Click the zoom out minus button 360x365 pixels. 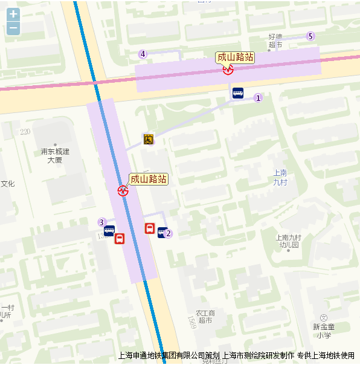click(13, 28)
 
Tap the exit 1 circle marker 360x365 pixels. click(258, 98)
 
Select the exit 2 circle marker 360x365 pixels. click(169, 233)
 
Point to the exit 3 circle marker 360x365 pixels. click(102, 222)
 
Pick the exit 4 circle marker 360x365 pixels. click(143, 54)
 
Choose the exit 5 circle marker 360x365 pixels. click(310, 36)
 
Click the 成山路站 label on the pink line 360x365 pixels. click(235, 57)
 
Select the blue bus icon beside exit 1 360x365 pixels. click(238, 94)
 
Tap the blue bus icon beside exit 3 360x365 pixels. click(109, 230)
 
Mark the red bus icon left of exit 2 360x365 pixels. click(149, 228)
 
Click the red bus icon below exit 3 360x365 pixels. click(120, 239)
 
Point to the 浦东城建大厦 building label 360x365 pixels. click(55, 155)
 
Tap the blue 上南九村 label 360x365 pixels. click(280, 176)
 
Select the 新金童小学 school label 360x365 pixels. click(324, 331)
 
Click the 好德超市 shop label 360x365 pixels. click(275, 40)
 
